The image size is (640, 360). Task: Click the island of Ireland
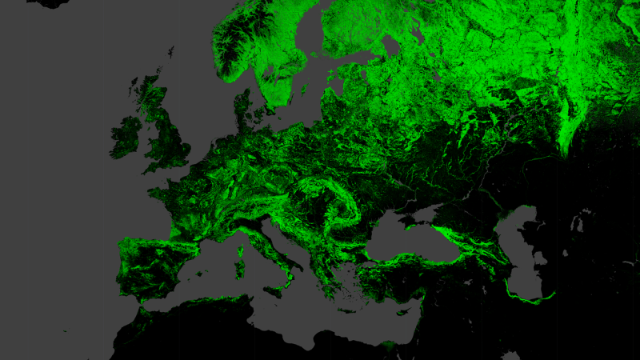click(x=126, y=138)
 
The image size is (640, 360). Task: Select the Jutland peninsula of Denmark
click(x=244, y=112)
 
